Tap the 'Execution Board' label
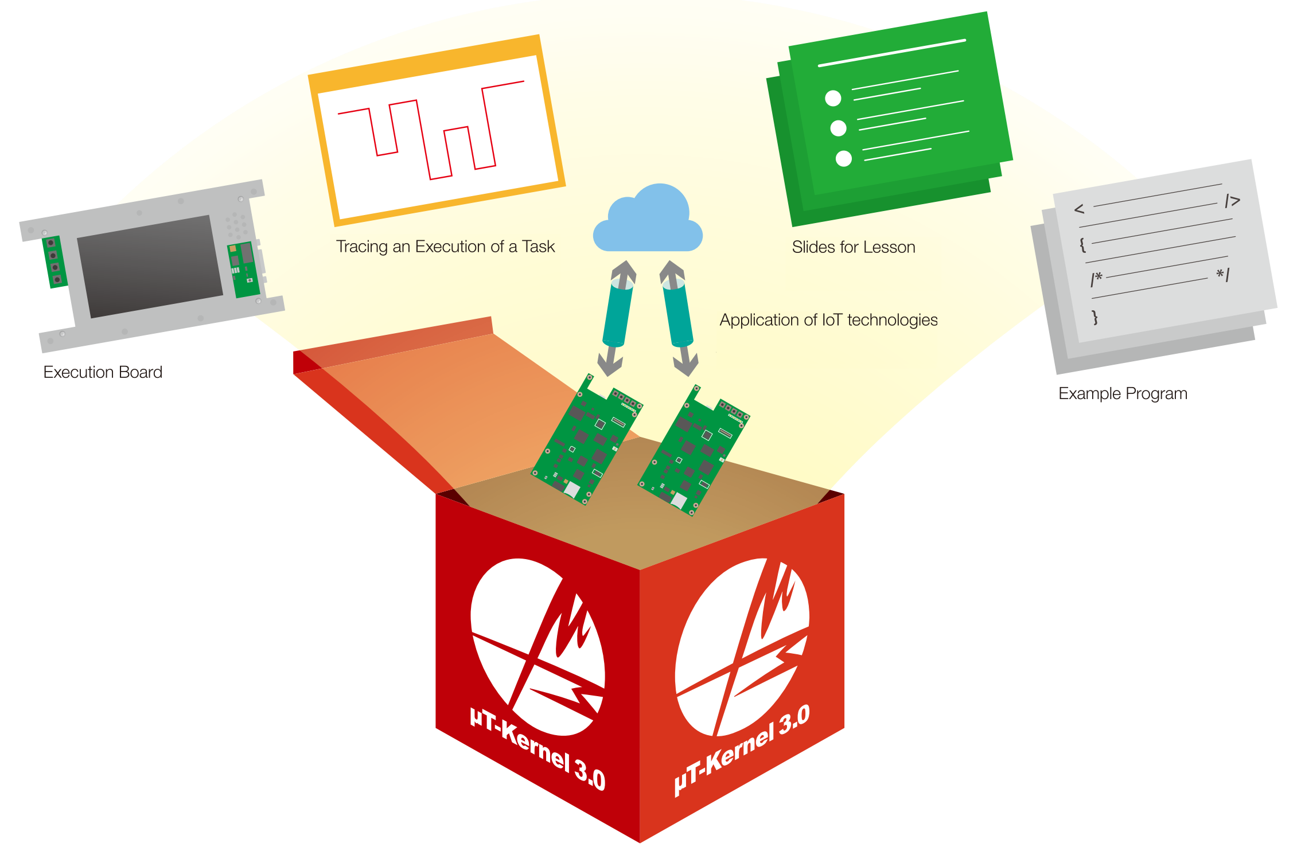(103, 372)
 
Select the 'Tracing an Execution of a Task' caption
(445, 247)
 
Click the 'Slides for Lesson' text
(854, 247)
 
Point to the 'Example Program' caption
(1123, 393)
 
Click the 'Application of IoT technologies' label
(828, 320)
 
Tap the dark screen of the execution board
(150, 266)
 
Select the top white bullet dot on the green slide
(833, 99)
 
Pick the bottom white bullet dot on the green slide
(843, 158)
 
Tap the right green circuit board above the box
(694, 450)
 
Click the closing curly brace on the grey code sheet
(1094, 317)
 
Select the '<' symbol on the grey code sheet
(1079, 209)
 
